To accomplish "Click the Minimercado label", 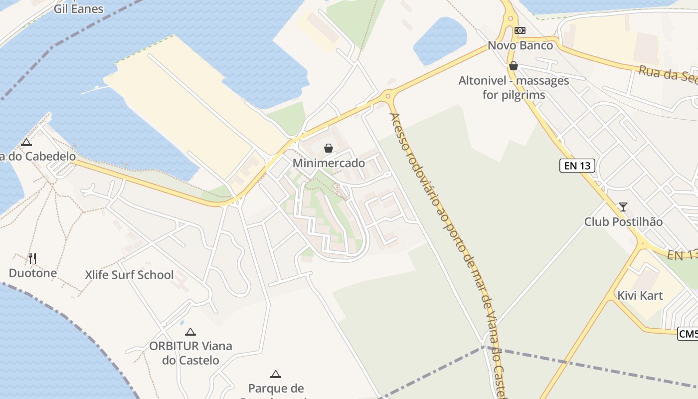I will (x=329, y=163).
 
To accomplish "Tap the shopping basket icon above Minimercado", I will (x=329, y=148).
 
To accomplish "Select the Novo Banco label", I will (x=520, y=45).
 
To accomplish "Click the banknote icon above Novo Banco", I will (x=520, y=30).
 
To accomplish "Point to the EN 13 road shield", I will (x=577, y=166).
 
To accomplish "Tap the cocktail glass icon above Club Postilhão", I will (x=623, y=206).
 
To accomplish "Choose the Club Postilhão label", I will (x=623, y=221).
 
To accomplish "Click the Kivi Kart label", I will (x=640, y=295).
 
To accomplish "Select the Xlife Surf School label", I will (x=129, y=275).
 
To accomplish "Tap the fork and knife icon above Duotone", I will (x=32, y=258).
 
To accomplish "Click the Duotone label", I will (x=32, y=273).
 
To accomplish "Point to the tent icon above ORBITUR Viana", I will (x=190, y=332).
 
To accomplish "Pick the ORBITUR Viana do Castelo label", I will (x=190, y=353).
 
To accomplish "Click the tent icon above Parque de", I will (x=275, y=374).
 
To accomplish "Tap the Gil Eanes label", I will (x=79, y=8).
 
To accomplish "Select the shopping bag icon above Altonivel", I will (x=513, y=66).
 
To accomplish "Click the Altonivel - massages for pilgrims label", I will (x=514, y=87).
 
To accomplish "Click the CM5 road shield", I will (x=688, y=334).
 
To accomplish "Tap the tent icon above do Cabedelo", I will (x=26, y=143).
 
